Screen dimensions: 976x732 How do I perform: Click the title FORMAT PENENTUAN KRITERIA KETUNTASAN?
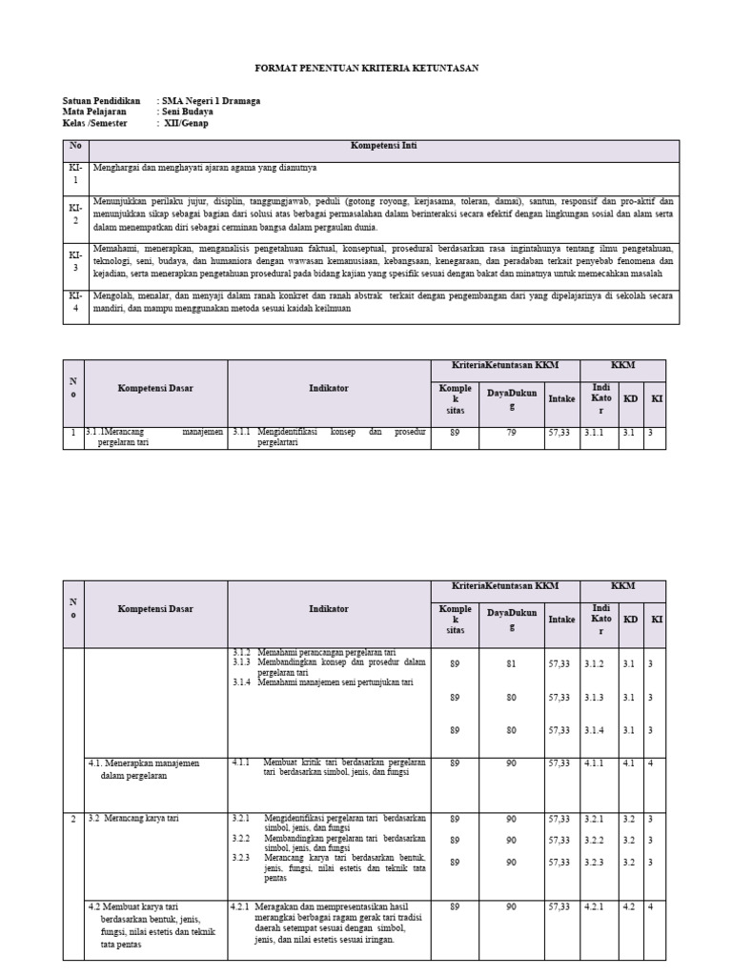[366, 69]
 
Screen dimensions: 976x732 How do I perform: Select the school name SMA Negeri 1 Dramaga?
[211, 100]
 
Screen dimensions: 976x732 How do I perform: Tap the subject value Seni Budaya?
[188, 112]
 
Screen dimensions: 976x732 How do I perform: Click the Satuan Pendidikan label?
[101, 100]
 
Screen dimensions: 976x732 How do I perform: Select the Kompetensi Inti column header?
[383, 147]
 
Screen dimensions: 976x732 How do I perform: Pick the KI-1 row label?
[75, 173]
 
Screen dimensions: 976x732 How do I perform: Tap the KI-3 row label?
[75, 261]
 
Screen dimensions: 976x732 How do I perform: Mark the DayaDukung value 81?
[512, 663]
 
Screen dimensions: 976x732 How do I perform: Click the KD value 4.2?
[628, 906]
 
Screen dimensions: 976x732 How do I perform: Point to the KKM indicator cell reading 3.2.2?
[596, 840]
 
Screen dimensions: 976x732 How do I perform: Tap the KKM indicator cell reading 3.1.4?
[596, 730]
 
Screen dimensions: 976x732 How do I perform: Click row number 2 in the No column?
[72, 819]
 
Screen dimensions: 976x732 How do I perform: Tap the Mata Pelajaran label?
[94, 112]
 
